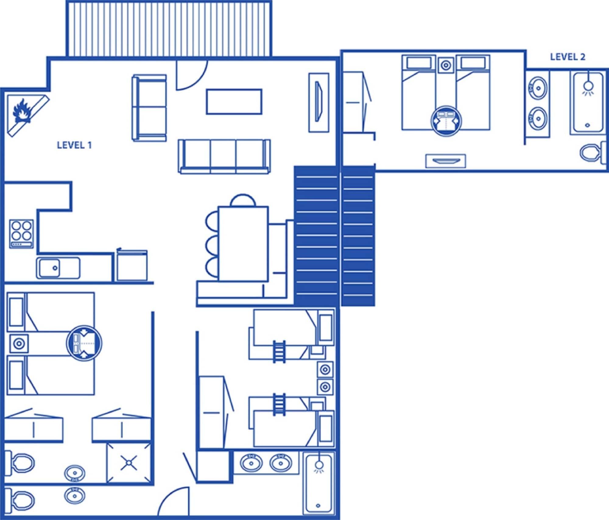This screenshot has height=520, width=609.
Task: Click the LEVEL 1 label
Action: [74, 145]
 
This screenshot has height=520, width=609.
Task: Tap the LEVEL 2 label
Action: [567, 57]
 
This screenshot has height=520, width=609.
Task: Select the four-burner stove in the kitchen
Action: [21, 234]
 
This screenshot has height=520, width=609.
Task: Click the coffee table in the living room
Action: [234, 102]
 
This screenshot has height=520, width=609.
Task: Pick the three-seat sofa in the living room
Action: [224, 156]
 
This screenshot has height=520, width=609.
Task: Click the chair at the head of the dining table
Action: [243, 200]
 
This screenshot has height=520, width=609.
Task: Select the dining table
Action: [243, 244]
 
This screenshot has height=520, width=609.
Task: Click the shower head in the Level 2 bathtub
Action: [588, 86]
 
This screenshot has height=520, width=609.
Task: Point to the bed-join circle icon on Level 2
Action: [446, 121]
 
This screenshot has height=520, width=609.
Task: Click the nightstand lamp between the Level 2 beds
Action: [446, 65]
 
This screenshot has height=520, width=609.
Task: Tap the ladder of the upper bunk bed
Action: [279, 352]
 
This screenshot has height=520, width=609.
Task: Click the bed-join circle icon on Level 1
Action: [84, 343]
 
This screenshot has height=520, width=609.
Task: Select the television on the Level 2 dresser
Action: [445, 161]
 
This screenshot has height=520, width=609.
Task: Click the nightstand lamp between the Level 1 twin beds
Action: [19, 344]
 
